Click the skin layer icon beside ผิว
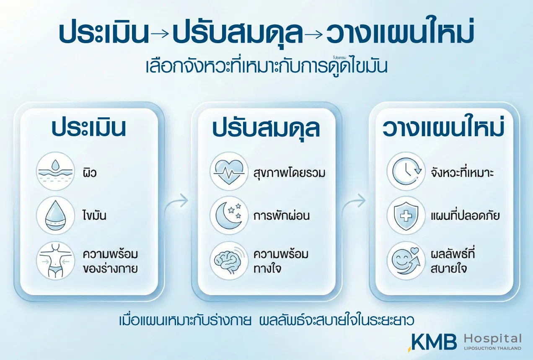(x=55, y=171)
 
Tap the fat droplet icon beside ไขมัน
(x=55, y=215)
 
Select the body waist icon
(x=55, y=261)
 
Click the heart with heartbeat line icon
(x=229, y=171)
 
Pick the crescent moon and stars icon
(x=229, y=215)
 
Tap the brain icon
(x=229, y=261)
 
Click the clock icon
(x=406, y=171)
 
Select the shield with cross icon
(x=406, y=215)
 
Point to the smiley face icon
(x=406, y=261)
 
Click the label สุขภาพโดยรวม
(x=289, y=173)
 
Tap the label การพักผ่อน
(x=282, y=215)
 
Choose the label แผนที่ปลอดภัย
(x=465, y=215)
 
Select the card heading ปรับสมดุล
(x=266, y=129)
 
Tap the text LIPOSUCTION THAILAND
(x=492, y=348)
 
